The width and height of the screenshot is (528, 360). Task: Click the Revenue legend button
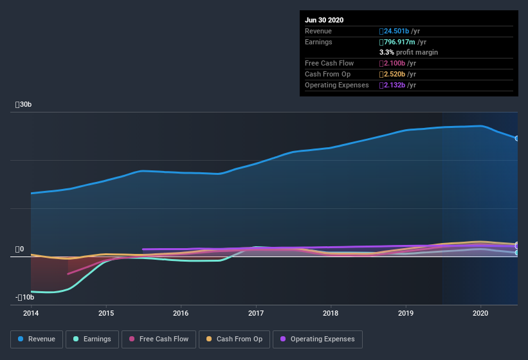(37, 339)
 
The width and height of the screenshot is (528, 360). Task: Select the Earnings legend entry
(92, 339)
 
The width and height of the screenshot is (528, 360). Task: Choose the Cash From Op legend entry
(234, 339)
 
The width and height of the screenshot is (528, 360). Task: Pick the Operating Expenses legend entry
(317, 339)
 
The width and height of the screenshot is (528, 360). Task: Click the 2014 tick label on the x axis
(31, 313)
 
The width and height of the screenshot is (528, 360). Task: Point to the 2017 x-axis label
(256, 313)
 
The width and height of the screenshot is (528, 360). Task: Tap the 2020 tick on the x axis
(480, 313)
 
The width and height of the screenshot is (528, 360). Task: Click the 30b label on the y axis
(24, 104)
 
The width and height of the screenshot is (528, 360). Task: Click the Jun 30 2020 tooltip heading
(324, 20)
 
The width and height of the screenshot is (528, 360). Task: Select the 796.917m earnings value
(403, 42)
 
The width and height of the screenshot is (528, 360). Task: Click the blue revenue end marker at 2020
(516, 138)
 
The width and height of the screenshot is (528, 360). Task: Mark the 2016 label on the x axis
(181, 313)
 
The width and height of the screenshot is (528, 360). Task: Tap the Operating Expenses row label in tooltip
(337, 85)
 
